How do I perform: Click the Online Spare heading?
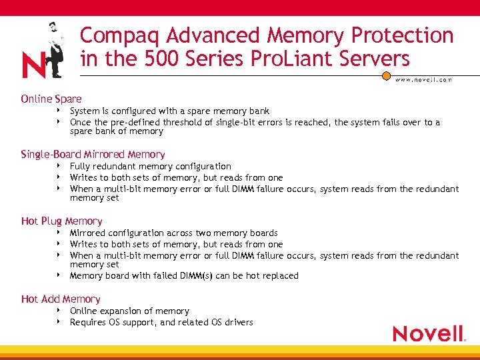(x=51, y=99)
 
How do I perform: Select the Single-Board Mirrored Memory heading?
(x=93, y=154)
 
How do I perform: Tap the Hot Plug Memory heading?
(x=62, y=221)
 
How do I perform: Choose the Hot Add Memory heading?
(x=61, y=299)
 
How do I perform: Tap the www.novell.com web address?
(x=423, y=79)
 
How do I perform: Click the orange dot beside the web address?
(x=386, y=76)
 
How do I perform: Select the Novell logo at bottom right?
(x=428, y=333)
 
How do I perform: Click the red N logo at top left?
(x=33, y=65)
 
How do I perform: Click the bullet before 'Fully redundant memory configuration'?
(x=59, y=165)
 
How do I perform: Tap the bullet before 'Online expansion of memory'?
(x=59, y=310)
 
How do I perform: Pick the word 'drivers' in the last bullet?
(x=239, y=322)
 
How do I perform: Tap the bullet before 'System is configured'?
(x=59, y=110)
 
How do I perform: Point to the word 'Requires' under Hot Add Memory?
(x=89, y=322)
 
